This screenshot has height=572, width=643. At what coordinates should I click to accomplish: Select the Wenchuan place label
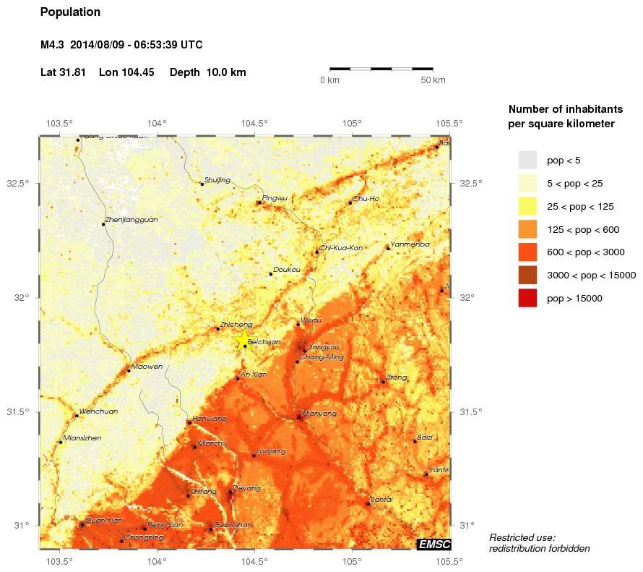(x=98, y=411)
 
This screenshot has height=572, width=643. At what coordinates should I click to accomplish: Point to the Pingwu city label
(x=275, y=197)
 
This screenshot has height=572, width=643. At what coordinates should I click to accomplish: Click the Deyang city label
(x=246, y=487)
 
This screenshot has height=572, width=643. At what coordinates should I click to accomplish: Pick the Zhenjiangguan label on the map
(x=131, y=219)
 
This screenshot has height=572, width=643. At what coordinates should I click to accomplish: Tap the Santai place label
(x=381, y=499)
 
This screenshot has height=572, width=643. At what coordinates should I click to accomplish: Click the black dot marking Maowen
(x=129, y=371)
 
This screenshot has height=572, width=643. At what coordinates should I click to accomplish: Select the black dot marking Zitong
(x=383, y=382)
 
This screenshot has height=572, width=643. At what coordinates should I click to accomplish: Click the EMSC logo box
(x=433, y=544)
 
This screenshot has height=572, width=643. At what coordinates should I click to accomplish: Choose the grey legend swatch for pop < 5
(x=528, y=160)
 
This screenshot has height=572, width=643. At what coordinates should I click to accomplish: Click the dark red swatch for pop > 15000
(x=528, y=298)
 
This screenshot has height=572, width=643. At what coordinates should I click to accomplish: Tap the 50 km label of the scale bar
(x=433, y=80)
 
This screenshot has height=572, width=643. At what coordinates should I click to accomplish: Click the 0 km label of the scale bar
(x=329, y=80)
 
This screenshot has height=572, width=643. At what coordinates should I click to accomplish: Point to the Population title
(x=70, y=12)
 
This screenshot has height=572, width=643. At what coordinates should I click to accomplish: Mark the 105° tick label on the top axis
(x=352, y=122)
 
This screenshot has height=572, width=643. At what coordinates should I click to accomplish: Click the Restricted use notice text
(x=539, y=543)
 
